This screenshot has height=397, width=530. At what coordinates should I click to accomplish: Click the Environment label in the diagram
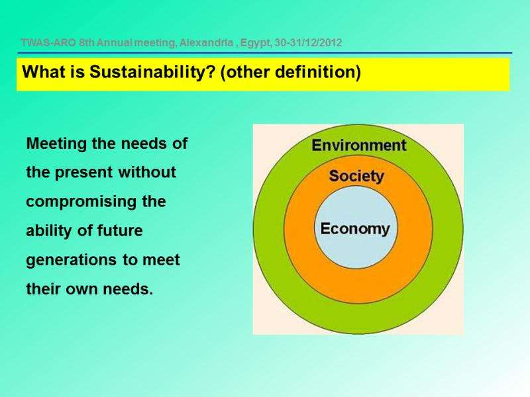point(358,145)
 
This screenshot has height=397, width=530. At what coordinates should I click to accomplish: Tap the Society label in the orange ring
point(356,176)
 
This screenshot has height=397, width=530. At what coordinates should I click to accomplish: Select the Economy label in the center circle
point(355,229)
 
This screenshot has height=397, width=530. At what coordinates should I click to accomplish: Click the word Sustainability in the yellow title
point(152,71)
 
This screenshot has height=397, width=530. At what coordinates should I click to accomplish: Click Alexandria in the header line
point(206,43)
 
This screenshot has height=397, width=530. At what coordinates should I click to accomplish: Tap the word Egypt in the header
point(255,43)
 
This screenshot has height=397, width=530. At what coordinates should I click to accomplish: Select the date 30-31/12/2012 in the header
point(308,43)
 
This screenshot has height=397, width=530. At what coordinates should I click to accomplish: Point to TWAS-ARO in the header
point(48,43)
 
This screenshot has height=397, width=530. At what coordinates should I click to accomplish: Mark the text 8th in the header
point(87,43)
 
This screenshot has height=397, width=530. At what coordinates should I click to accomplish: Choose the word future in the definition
point(120,231)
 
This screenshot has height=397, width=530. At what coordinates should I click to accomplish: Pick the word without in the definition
point(147,172)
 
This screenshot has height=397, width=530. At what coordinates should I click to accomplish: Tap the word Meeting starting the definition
point(56,144)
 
